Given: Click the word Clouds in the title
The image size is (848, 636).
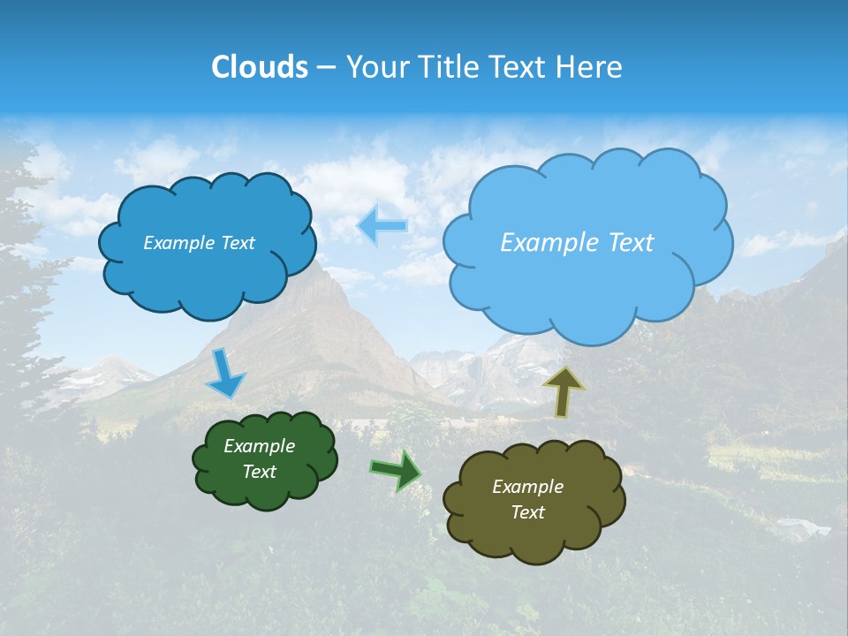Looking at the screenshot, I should [x=259, y=67].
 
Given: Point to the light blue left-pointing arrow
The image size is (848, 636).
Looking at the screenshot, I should [x=382, y=225].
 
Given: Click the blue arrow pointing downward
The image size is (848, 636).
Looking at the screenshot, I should [x=225, y=374].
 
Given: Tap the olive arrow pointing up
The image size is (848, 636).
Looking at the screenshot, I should [x=564, y=390].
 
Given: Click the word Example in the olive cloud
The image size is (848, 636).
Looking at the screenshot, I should [x=527, y=487].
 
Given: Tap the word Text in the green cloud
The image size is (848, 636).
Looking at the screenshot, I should [x=260, y=472].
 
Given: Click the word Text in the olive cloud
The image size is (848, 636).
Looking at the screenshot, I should [x=527, y=512].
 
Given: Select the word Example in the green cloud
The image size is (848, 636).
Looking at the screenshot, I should [x=259, y=446].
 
